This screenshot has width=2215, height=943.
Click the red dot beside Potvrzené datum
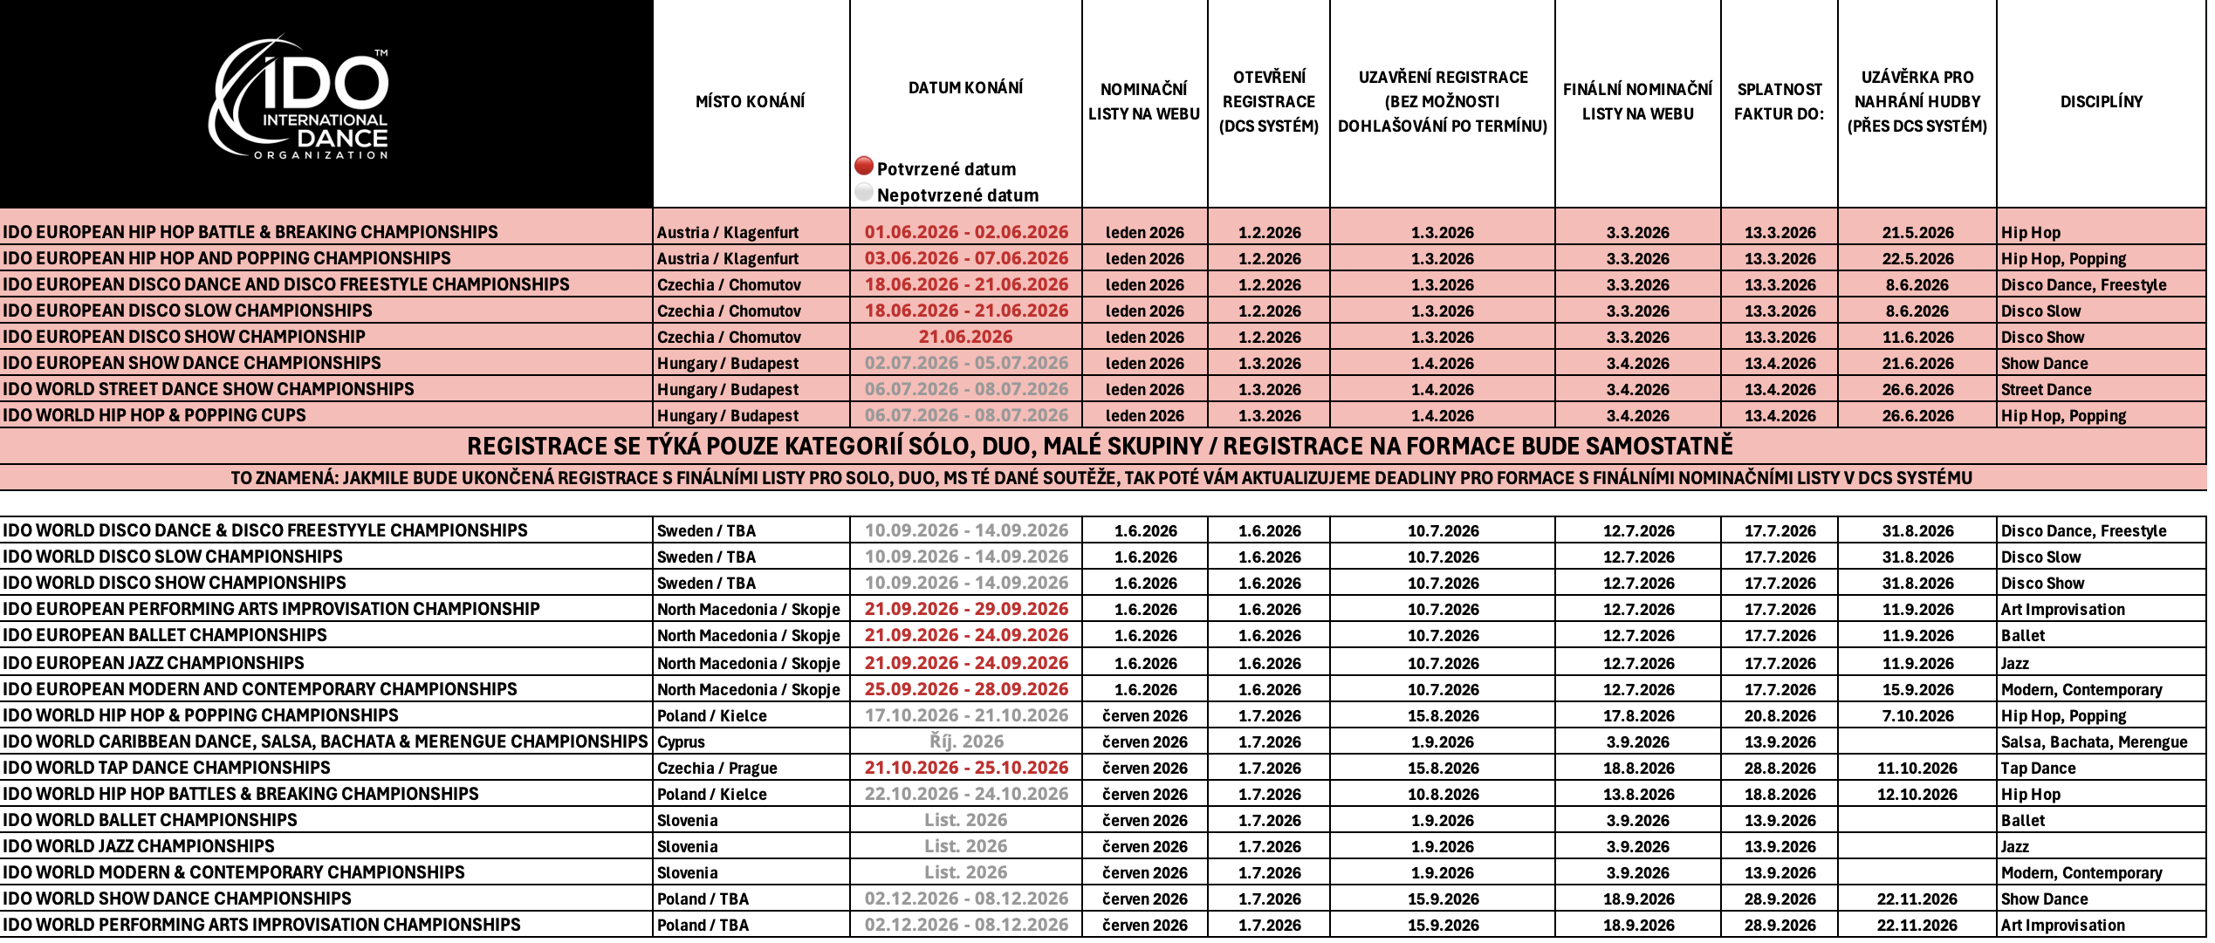[864, 166]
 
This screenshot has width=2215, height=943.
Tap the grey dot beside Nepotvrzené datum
[864, 193]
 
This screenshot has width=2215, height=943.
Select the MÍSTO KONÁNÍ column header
[750, 101]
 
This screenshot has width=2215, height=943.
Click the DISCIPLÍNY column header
[2101, 101]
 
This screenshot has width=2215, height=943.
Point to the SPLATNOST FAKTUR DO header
[1779, 101]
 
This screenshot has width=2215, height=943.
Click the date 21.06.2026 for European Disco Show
[965, 337]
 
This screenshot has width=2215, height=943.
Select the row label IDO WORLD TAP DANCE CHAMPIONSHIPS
[167, 768]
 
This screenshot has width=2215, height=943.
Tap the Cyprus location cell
[681, 741]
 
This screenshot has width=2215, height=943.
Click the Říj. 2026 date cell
[966, 741]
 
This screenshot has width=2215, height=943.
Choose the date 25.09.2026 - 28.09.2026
[966, 689]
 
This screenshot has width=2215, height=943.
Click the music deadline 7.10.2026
[1917, 715]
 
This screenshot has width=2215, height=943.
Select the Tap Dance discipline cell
[2038, 768]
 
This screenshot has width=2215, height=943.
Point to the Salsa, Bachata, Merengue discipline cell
[2094, 741]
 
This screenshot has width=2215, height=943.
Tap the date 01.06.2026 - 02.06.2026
[966, 232]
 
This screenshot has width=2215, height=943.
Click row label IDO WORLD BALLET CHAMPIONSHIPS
[150, 820]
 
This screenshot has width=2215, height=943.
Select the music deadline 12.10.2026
[1917, 794]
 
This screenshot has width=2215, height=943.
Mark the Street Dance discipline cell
[2046, 389]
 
